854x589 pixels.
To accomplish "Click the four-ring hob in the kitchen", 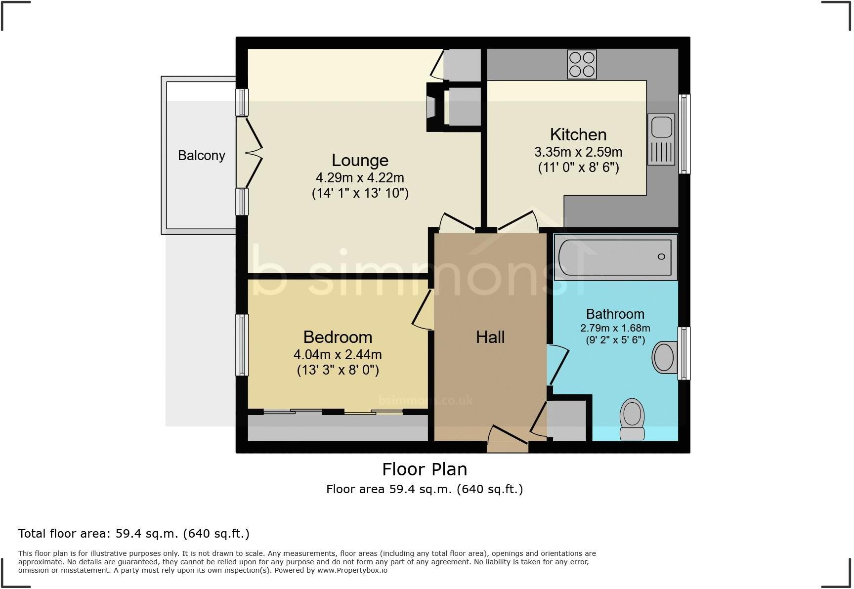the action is click(582, 64).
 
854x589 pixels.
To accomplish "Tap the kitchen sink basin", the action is click(661, 126).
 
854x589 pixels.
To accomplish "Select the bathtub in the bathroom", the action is click(615, 257).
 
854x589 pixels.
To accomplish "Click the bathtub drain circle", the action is click(661, 256).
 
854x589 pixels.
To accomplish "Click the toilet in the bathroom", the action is click(632, 419).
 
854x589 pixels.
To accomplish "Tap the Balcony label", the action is click(202, 156).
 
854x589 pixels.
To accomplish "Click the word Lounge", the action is click(360, 160).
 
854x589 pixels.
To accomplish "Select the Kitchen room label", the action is click(578, 134).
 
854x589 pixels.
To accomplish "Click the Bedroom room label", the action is click(338, 337).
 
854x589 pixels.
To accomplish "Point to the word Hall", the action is click(490, 337).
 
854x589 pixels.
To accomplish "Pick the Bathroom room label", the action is click(615, 314).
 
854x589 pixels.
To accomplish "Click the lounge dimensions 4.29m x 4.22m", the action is click(360, 177).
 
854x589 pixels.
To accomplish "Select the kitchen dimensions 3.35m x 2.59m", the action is click(578, 152).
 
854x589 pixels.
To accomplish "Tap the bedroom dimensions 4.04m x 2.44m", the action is click(338, 354).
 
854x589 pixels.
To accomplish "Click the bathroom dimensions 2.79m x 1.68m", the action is click(615, 328).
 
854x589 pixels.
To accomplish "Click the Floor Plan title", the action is click(425, 469).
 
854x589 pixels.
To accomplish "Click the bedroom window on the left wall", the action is click(242, 345).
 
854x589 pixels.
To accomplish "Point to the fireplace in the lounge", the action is click(431, 107).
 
